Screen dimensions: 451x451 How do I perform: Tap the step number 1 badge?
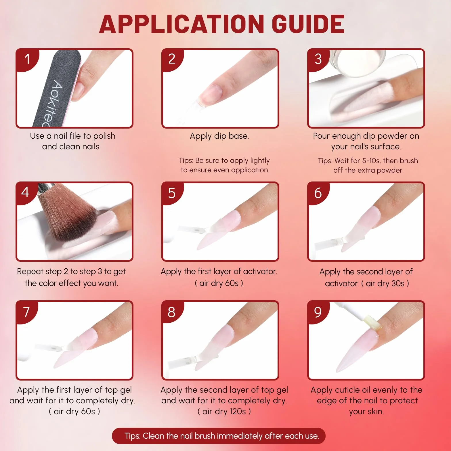27,59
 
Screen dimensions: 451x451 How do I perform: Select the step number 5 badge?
172,193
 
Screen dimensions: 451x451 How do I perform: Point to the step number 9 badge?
318,312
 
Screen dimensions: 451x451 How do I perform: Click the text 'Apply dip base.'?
219,136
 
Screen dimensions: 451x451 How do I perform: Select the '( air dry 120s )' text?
224,411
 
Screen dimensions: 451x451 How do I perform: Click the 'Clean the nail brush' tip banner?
219,436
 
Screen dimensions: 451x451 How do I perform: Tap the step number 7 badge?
26,312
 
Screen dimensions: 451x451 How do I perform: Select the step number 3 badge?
318,59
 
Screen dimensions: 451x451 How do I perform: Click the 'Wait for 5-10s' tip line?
368,160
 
